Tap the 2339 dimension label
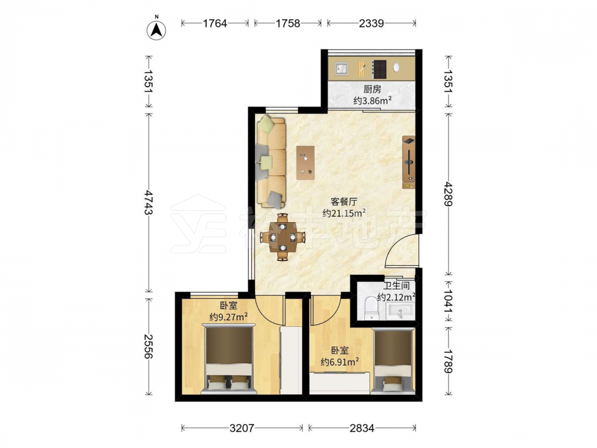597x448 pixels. [x=371, y=23]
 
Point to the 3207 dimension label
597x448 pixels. [x=242, y=428]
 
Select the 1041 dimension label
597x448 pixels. [x=448, y=302]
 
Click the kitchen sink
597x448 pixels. [x=341, y=69]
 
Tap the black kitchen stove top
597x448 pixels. [x=379, y=69]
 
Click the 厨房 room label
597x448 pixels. [x=372, y=90]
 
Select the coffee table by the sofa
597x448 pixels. [x=305, y=162]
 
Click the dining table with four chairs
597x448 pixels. [x=282, y=237]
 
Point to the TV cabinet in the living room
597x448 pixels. [x=409, y=162]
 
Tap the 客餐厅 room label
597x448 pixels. [x=343, y=201]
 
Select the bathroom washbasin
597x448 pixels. [x=399, y=311]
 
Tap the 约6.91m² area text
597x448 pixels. [x=340, y=361]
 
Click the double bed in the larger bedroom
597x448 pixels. [x=229, y=358]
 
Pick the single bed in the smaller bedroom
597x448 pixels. [x=393, y=360]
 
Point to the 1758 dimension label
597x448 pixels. [x=288, y=23]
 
